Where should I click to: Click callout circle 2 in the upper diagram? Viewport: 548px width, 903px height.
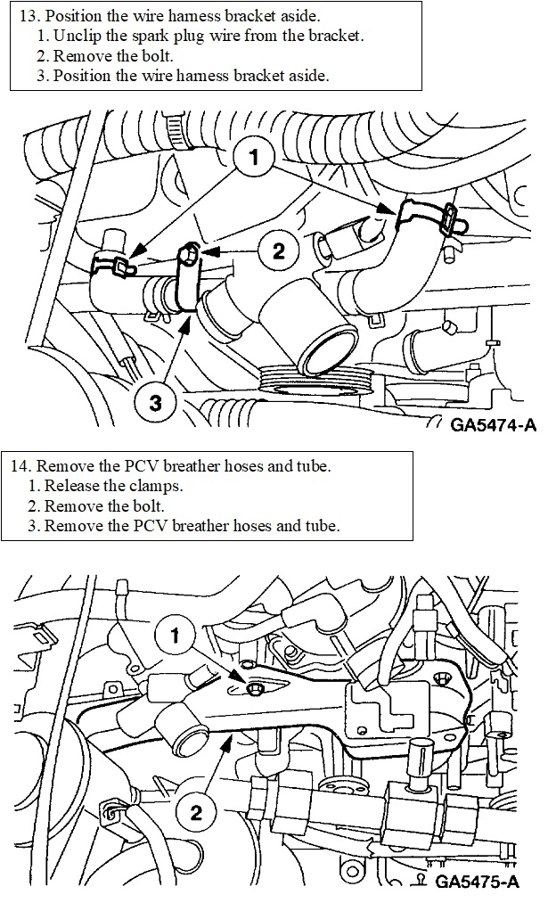click(279, 251)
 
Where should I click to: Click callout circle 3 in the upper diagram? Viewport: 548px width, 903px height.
click(156, 403)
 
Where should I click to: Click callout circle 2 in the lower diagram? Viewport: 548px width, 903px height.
click(197, 811)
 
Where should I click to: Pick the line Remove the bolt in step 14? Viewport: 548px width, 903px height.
click(100, 505)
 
